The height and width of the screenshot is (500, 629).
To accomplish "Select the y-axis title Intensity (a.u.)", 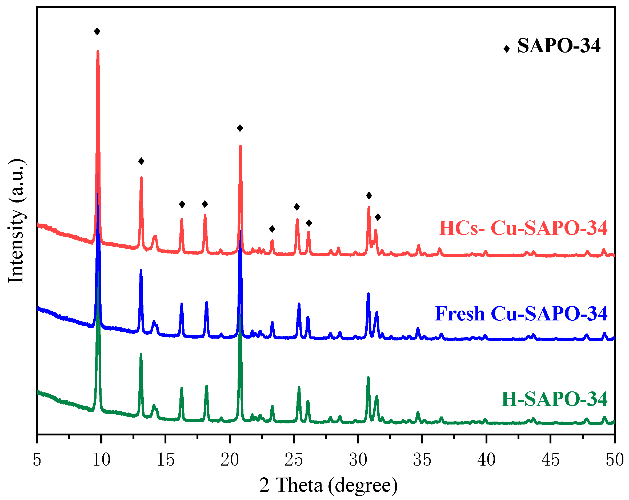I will pyautogui.click(x=16, y=221).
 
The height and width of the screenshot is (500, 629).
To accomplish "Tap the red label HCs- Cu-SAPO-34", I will pyautogui.click(x=523, y=228).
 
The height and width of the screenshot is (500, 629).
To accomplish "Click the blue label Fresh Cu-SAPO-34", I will pyautogui.click(x=521, y=314).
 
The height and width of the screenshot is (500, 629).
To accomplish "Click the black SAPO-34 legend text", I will pyautogui.click(x=559, y=46).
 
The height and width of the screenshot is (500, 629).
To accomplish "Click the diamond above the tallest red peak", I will pyautogui.click(x=97, y=31).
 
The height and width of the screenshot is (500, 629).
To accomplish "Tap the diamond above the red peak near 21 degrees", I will pyautogui.click(x=240, y=128).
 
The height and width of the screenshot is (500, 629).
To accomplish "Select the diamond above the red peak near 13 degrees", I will pyautogui.click(x=141, y=161).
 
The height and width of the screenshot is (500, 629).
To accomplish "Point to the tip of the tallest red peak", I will pyautogui.click(x=98, y=51).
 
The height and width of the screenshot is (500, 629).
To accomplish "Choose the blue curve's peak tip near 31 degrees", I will pyautogui.click(x=368, y=294).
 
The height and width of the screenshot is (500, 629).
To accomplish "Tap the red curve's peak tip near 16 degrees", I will pyautogui.click(x=182, y=219).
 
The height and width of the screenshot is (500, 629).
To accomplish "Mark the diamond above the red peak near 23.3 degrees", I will pyautogui.click(x=272, y=229).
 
